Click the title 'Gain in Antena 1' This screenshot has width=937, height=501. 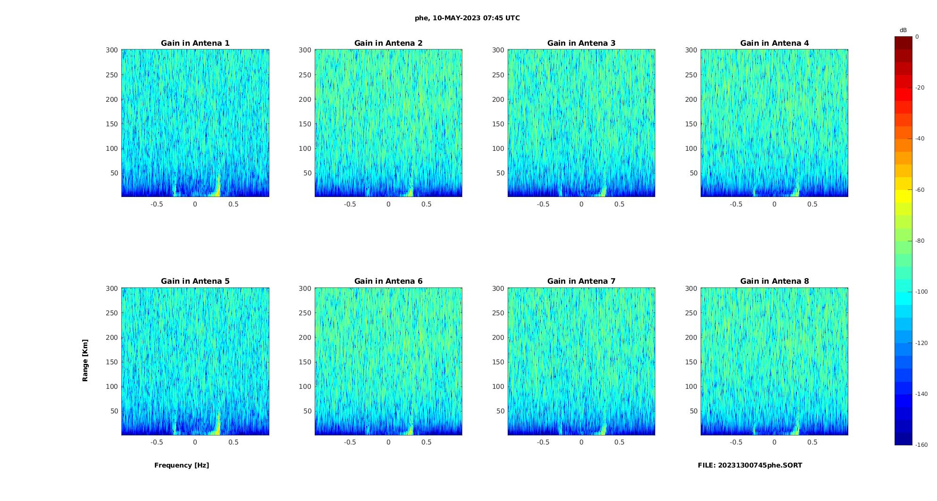[195, 43]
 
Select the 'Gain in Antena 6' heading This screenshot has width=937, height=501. [388, 281]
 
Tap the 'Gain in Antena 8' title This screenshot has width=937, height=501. [774, 281]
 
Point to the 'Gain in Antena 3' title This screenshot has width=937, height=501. [581, 43]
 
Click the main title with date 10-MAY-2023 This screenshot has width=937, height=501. [467, 18]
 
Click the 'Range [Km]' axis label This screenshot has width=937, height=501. [85, 361]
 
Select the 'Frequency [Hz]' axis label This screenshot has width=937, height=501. [182, 465]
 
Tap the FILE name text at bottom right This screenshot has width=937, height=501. [750, 465]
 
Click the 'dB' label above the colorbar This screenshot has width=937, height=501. [903, 30]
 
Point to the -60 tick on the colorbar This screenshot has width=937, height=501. [920, 190]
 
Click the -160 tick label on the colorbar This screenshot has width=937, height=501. [921, 445]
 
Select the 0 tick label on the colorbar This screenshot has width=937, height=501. [917, 37]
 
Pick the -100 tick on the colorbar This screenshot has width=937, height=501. [921, 292]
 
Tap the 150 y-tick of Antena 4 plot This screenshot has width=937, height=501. [691, 124]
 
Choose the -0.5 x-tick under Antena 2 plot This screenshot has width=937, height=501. [350, 204]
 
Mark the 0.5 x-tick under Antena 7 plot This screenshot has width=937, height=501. [619, 442]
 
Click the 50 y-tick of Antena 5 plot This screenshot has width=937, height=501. [114, 411]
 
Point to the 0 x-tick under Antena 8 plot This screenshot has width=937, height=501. [774, 442]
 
